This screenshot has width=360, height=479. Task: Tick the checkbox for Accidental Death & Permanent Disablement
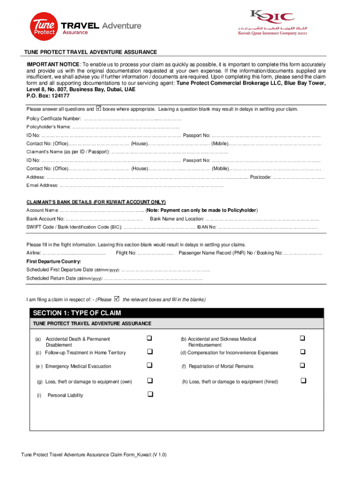(150, 338)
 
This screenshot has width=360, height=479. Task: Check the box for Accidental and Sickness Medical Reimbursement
(302, 338)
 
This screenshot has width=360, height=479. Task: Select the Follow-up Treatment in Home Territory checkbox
(150, 352)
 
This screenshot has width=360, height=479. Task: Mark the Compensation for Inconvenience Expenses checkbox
(302, 352)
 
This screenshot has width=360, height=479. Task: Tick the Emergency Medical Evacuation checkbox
(150, 365)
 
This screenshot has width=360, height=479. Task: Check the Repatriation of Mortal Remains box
(302, 365)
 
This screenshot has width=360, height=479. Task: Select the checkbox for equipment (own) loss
(150, 381)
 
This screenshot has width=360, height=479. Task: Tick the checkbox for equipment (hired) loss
(303, 381)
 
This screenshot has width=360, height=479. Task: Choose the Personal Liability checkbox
(150, 394)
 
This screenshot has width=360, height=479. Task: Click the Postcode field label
(260, 177)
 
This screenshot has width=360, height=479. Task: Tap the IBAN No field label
(206, 227)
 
